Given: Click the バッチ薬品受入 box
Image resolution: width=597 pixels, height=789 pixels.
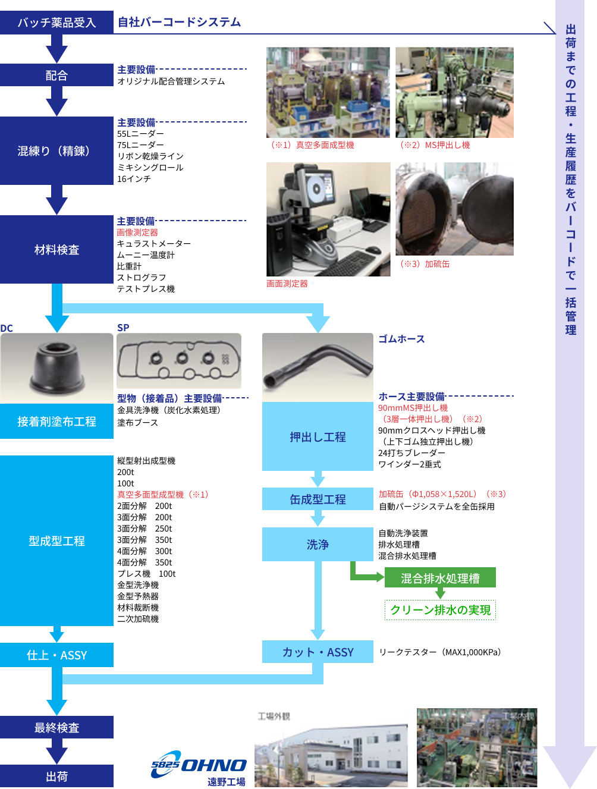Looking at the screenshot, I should click(x=56, y=23).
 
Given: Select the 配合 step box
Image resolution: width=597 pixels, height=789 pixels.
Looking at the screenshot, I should click(x=56, y=76).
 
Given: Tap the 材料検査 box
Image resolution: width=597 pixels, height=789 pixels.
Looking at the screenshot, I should click(x=56, y=250).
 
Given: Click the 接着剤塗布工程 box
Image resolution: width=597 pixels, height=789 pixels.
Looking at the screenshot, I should click(x=56, y=422).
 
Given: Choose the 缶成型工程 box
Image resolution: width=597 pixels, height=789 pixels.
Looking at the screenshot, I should click(x=318, y=499).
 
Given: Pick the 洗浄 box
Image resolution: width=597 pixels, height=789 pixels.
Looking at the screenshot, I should click(x=318, y=544).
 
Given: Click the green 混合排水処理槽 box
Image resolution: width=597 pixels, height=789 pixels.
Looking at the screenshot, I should click(x=440, y=578).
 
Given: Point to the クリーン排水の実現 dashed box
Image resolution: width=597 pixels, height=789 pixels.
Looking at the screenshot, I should click(x=440, y=610).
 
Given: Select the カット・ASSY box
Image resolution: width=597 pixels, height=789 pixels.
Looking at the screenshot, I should click(x=318, y=652).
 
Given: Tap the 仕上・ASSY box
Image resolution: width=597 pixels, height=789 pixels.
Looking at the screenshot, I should click(x=56, y=655).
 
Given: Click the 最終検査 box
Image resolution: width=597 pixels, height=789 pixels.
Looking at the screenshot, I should click(x=56, y=728).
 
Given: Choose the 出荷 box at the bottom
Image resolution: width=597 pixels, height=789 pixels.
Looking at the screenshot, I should click(x=56, y=777).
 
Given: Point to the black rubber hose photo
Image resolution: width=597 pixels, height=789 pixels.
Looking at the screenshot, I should click(x=318, y=367).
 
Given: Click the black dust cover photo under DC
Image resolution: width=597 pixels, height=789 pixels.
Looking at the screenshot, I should click(x=56, y=367).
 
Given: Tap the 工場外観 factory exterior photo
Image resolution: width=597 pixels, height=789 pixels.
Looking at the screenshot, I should click(x=331, y=747).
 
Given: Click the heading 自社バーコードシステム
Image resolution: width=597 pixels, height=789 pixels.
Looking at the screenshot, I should click(x=179, y=23).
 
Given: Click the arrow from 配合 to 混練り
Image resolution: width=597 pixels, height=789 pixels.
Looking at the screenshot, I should click(x=56, y=100).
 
